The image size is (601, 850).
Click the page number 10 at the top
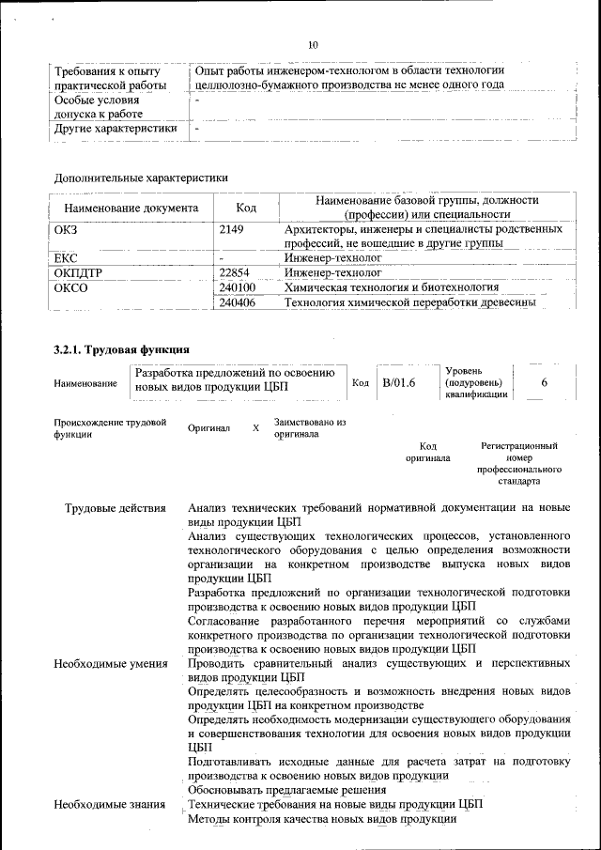click(x=314, y=44)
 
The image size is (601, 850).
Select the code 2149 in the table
click(x=231, y=230)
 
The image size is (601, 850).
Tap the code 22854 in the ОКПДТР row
click(x=235, y=271)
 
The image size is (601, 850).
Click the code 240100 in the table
click(x=237, y=286)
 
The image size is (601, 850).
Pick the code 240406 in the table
click(x=237, y=302)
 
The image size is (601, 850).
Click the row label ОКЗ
click(x=69, y=230)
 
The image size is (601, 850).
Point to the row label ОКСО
click(x=71, y=287)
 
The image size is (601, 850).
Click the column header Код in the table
click(x=246, y=208)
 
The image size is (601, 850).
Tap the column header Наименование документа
click(x=131, y=208)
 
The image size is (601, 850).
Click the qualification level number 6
click(x=545, y=382)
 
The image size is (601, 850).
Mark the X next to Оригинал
click(x=255, y=428)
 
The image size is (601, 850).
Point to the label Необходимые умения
click(x=111, y=664)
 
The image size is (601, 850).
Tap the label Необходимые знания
click(x=109, y=805)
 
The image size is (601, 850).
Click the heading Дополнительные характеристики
click(x=141, y=177)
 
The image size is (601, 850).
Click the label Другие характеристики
click(x=116, y=129)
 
